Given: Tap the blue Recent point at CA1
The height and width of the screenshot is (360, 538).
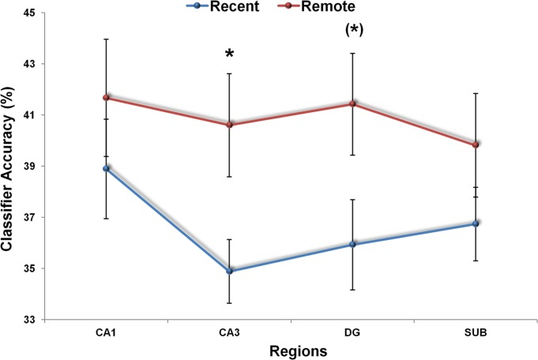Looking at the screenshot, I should point(106,168).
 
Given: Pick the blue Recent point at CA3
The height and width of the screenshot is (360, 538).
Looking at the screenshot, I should point(229,271).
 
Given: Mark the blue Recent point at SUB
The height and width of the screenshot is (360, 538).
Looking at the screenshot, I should point(476,223).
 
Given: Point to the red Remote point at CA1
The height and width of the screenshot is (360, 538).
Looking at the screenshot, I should point(106,97).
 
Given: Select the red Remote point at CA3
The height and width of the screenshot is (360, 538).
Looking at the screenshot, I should point(229,124).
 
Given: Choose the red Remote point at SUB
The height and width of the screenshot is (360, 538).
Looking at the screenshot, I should point(476,144).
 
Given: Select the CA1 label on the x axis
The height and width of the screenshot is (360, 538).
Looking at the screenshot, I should point(106,333).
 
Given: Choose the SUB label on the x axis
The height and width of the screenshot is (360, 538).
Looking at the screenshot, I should point(476,333).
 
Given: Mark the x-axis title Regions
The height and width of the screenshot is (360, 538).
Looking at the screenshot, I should point(291,350).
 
